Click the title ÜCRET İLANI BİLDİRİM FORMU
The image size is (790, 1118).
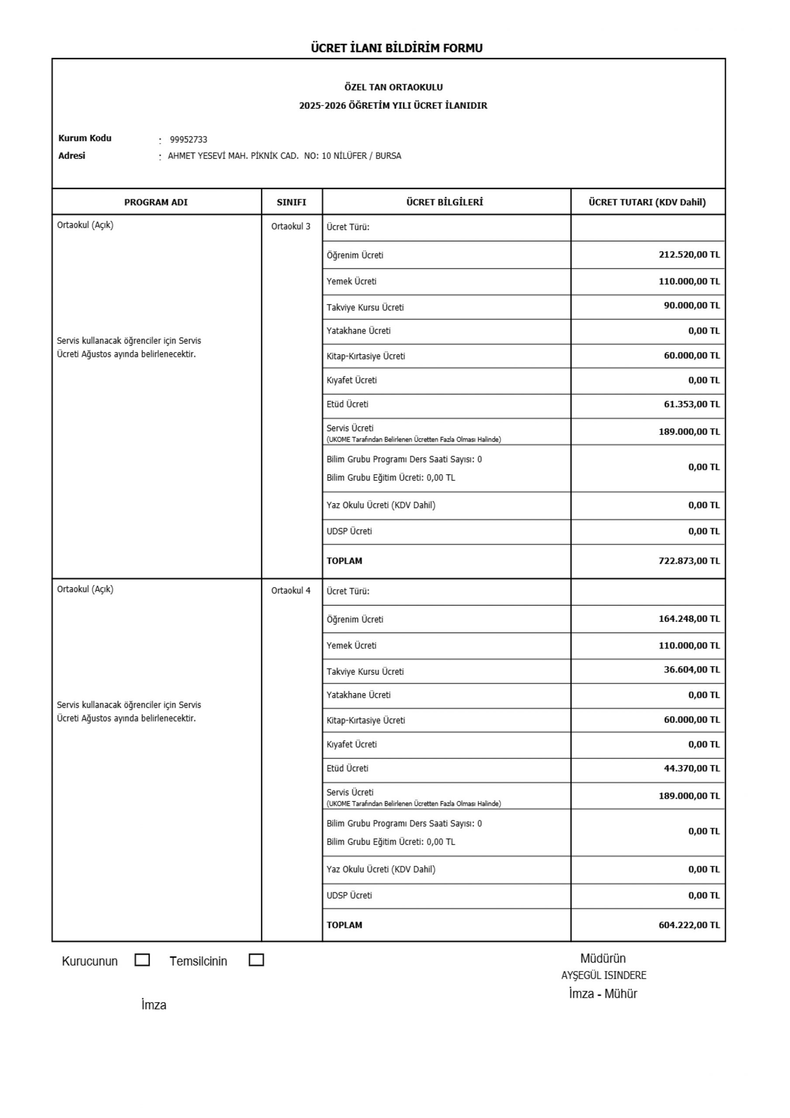(397, 48)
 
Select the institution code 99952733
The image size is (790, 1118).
(189, 140)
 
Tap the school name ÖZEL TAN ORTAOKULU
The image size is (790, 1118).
(393, 88)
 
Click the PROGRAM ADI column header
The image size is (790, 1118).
(156, 203)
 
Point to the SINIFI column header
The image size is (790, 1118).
(291, 203)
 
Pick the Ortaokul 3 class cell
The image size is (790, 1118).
(291, 226)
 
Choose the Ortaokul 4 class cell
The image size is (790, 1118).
(291, 590)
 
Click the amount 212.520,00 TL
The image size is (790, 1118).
(689, 255)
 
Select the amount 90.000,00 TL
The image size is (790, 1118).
(692, 306)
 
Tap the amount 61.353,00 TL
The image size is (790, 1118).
(692, 404)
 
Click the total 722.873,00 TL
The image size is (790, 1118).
(689, 561)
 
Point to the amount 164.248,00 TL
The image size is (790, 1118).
(689, 619)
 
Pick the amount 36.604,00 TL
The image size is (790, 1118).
(692, 669)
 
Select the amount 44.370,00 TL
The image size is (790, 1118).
(692, 768)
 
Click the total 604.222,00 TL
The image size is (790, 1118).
(689, 925)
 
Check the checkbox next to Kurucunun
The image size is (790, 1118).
(142, 960)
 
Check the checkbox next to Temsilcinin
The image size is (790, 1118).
(256, 960)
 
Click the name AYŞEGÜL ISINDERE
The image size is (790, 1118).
(604, 976)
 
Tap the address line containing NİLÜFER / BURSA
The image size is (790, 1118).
(284, 156)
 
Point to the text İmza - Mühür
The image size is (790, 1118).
(603, 994)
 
